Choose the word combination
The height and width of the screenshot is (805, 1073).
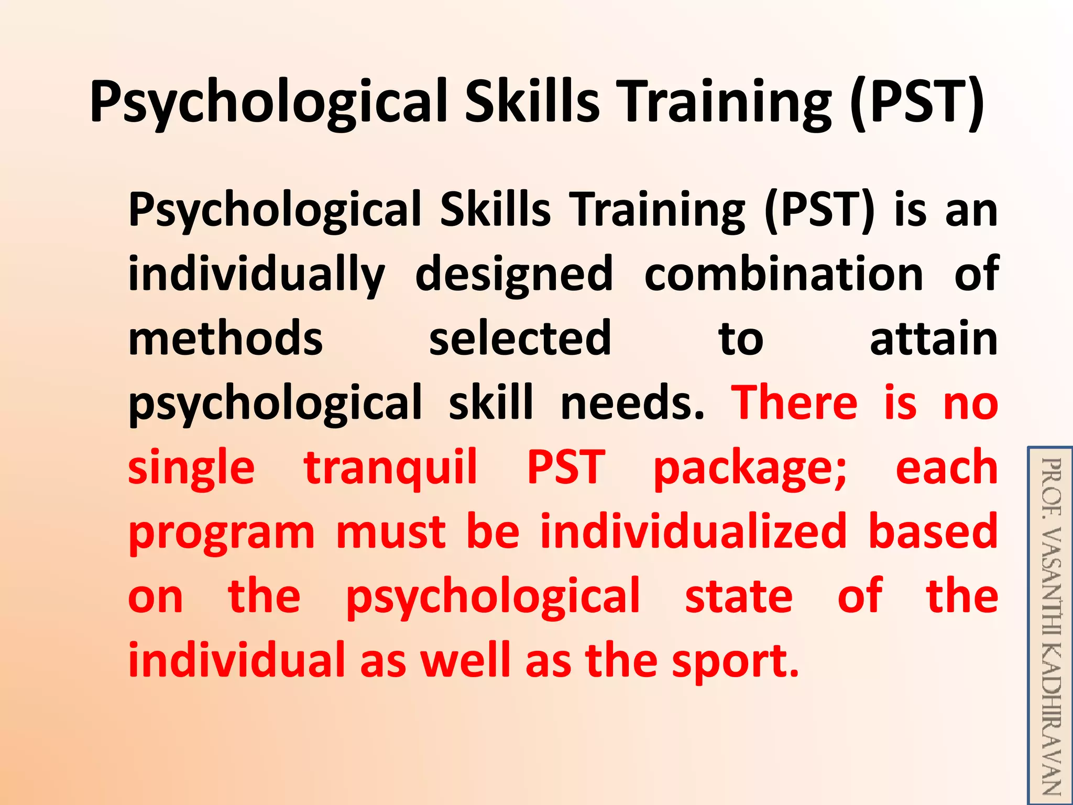click(x=783, y=275)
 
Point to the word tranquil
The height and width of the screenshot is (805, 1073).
click(x=390, y=467)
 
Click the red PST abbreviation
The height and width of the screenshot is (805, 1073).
click(x=566, y=467)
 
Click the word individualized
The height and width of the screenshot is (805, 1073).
click(x=693, y=532)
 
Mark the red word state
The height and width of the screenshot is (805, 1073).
click(x=739, y=596)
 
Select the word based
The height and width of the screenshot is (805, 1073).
click(x=933, y=532)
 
